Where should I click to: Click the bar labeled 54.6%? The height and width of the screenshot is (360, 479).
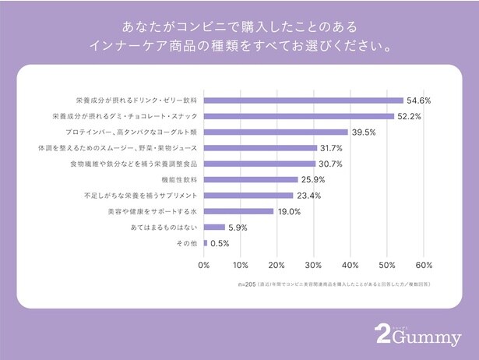coord(304,101)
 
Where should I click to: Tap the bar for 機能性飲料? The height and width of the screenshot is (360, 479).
coord(251,179)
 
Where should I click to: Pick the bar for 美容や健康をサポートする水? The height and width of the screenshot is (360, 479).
coord(238,211)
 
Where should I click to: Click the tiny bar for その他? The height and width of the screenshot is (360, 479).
coord(205,243)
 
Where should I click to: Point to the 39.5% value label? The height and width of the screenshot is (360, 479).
coord(364,132)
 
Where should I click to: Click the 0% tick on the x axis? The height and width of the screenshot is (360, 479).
coord(204,264)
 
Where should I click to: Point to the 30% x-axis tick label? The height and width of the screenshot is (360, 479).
coord(314,264)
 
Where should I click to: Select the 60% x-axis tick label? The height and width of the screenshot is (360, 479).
coord(423,264)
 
